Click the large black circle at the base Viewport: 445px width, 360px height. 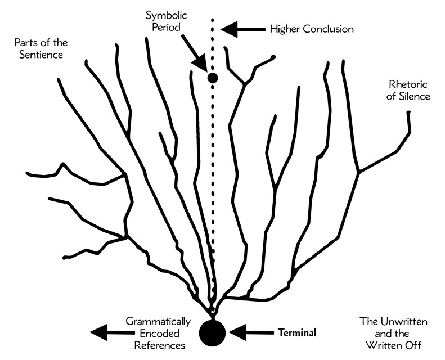[x=213, y=331]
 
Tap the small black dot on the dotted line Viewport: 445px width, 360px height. [x=213, y=78]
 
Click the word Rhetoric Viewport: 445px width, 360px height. [x=408, y=84]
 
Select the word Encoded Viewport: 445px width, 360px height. [x=161, y=332]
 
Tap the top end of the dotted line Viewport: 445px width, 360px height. [x=213, y=21]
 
